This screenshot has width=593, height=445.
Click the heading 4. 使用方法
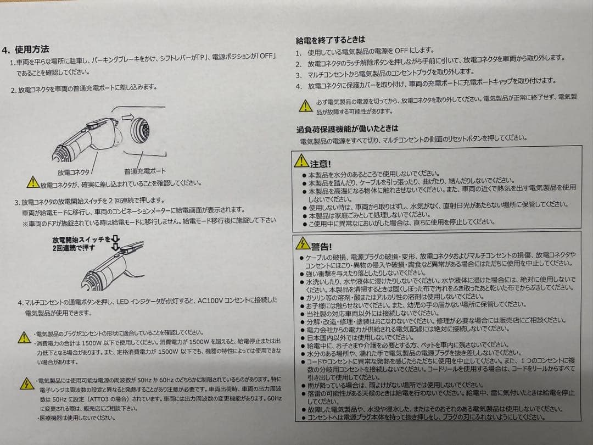[x=26, y=49]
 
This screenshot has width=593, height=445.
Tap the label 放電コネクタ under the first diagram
[x=74, y=172]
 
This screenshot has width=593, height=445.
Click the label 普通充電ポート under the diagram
[x=145, y=171]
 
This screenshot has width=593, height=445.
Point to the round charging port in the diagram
[x=140, y=130]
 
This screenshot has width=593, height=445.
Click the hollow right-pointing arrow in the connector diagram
[x=128, y=118]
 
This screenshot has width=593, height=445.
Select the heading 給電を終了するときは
[x=330, y=40]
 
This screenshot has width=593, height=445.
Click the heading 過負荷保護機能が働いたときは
[x=347, y=129]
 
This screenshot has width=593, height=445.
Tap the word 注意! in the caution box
[x=320, y=164]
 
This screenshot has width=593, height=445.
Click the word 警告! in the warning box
[x=321, y=247]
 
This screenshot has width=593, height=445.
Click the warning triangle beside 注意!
[x=301, y=161]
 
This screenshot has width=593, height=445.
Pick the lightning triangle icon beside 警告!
[x=303, y=243]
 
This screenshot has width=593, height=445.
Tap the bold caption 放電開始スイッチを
[x=81, y=240]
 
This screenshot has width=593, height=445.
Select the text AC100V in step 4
[x=210, y=301]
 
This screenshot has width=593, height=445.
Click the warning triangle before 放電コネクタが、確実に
[x=33, y=182]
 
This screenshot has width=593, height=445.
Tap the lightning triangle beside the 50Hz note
[x=27, y=383]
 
